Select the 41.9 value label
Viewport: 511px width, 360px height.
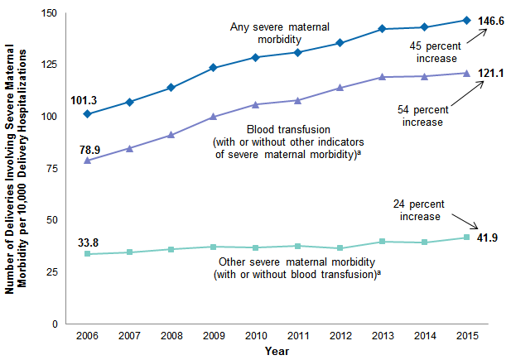[489, 238]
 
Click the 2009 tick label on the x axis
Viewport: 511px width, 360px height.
[214, 336]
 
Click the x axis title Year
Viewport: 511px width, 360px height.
[277, 351]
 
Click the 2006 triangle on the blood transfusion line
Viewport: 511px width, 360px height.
[87, 160]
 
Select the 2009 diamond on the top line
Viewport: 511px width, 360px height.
[214, 68]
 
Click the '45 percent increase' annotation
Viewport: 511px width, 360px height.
[431, 53]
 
